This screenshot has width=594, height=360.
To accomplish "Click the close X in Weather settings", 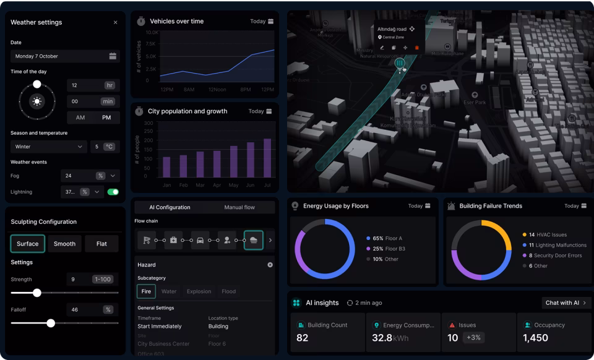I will point(115,22).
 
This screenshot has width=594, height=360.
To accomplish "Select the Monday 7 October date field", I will point(65,56).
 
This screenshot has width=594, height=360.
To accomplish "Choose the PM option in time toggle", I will point(106,118).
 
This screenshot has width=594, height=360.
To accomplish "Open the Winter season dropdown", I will point(48,147).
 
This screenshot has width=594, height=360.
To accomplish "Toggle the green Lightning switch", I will point(113,192).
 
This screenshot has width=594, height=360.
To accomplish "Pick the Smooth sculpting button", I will point(64,244).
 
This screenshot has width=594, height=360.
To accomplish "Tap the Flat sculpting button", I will point(101,244).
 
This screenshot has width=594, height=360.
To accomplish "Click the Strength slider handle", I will point(37,293).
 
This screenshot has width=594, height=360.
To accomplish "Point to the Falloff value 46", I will point(75,309).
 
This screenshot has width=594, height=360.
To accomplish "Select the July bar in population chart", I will point(267,158).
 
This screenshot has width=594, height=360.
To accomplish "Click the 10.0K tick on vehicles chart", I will point(152,32).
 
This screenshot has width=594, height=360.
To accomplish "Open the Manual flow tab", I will point(239,207).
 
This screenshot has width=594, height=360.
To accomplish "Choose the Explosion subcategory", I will point(199,291).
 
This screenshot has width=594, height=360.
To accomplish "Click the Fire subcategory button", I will point(146,291).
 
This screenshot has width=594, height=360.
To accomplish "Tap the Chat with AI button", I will point(566,302).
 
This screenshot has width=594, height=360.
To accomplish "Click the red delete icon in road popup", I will point(416,48).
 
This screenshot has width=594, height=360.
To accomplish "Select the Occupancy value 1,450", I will point(535,338).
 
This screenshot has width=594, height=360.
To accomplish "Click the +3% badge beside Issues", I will point(473,338).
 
